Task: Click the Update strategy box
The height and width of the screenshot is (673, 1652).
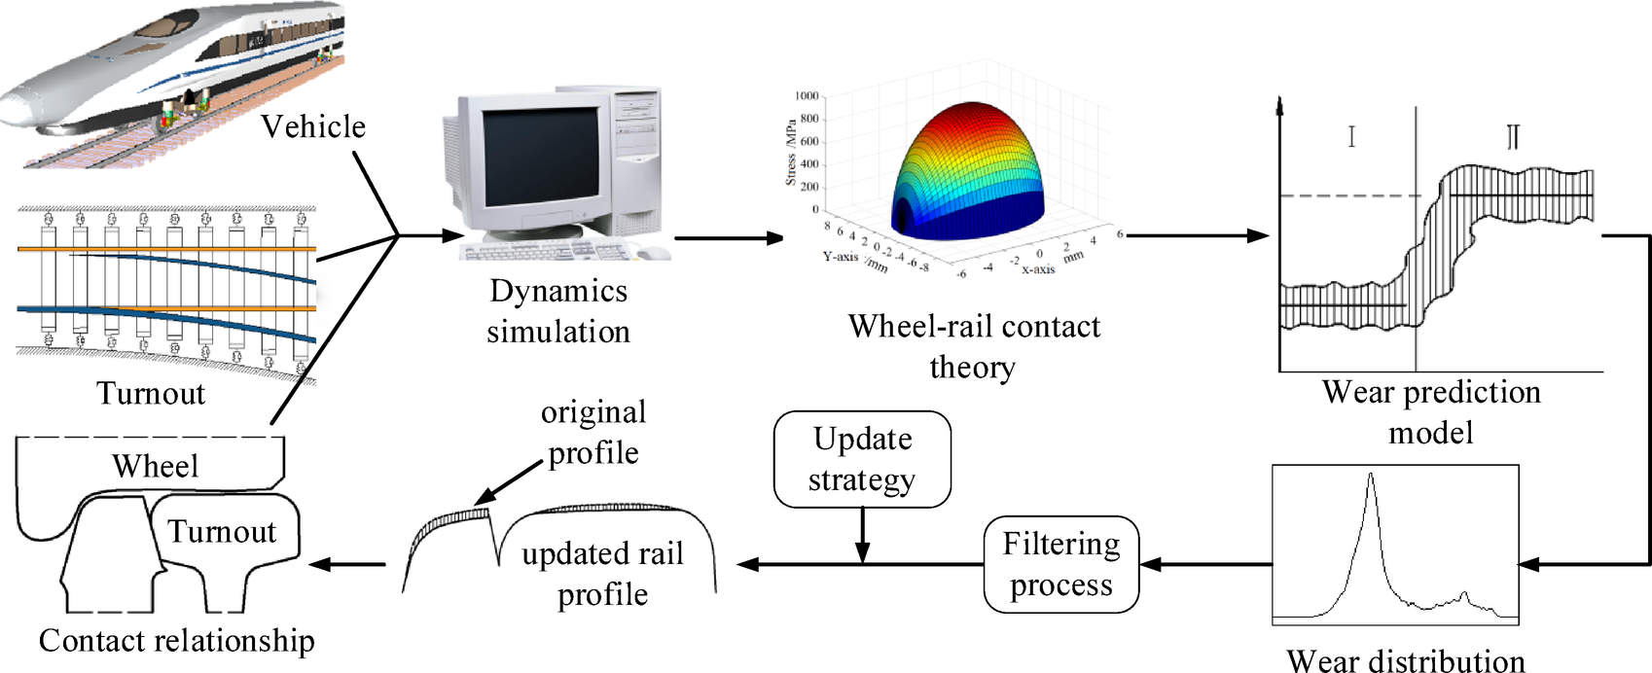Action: pyautogui.click(x=862, y=459)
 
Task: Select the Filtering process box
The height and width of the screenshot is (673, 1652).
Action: pyautogui.click(x=1060, y=564)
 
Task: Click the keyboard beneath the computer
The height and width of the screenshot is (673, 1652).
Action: pyautogui.click(x=545, y=250)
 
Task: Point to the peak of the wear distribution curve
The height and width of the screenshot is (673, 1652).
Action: pyautogui.click(x=1371, y=476)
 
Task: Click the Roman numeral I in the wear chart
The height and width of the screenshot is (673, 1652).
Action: pyautogui.click(x=1351, y=136)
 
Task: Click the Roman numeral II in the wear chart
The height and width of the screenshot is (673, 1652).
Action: pyautogui.click(x=1513, y=136)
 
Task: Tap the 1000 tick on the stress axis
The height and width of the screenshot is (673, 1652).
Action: pyautogui.click(x=807, y=96)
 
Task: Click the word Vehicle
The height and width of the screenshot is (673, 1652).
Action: pyautogui.click(x=313, y=126)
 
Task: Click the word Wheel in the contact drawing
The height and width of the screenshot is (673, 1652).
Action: pyautogui.click(x=155, y=466)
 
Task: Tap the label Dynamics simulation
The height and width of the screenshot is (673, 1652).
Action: pyautogui.click(x=558, y=311)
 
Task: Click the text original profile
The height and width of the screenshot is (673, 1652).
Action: pyautogui.click(x=593, y=432)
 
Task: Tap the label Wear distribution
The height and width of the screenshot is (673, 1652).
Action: pyautogui.click(x=1405, y=660)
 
